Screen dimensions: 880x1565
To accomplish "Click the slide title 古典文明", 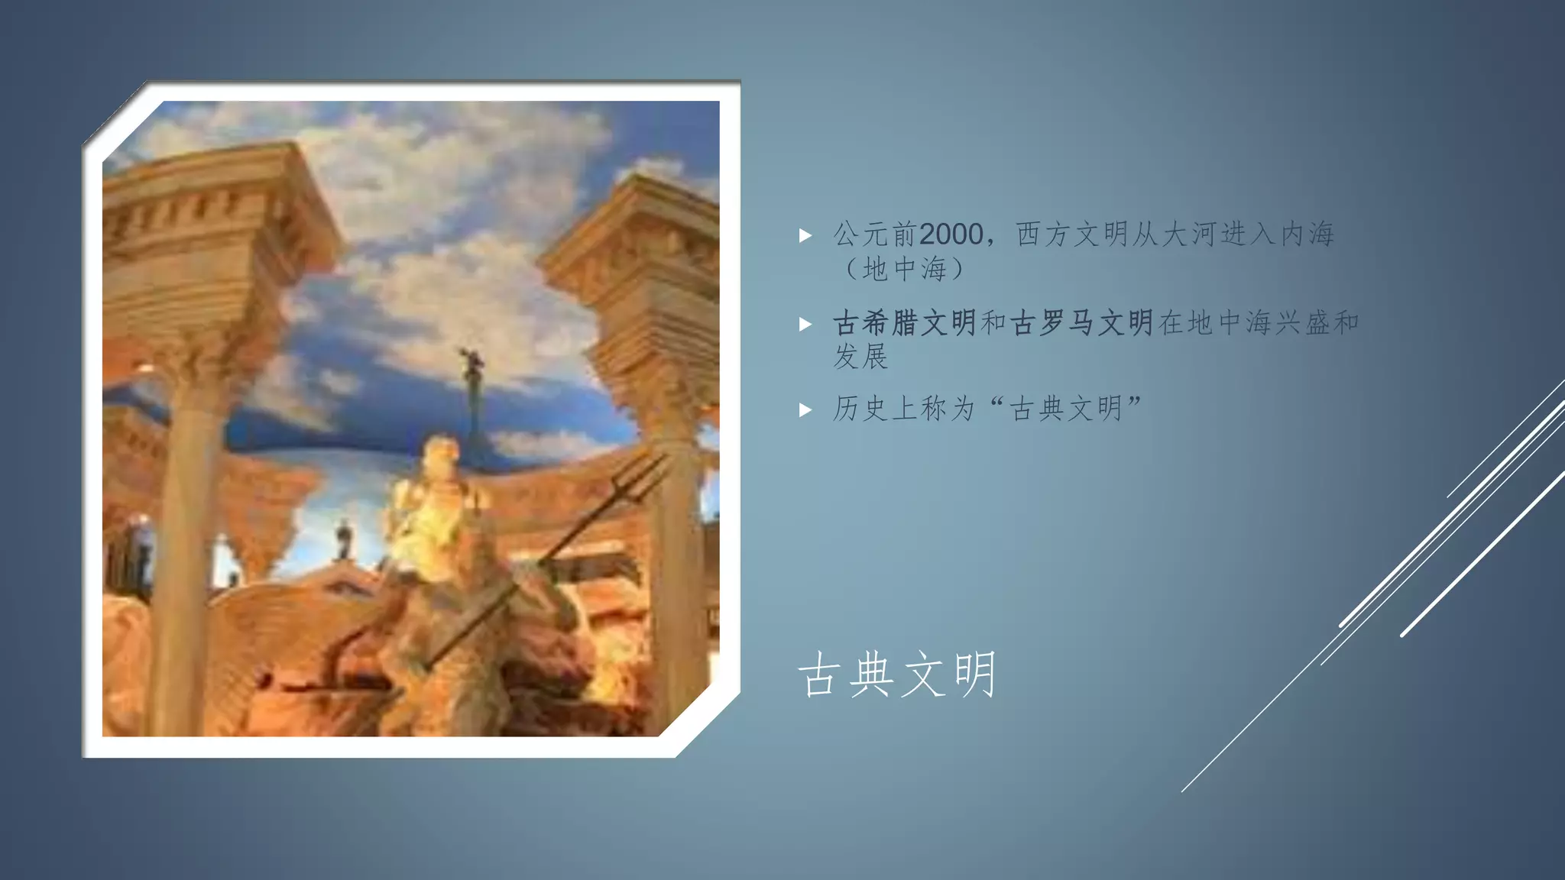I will click(897, 675).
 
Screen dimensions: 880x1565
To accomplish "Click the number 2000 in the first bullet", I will click(951, 234).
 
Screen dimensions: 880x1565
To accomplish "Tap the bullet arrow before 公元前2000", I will click(805, 235).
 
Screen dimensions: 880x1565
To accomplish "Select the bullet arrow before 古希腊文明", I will click(805, 324).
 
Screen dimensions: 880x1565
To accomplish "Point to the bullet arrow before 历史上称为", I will click(805, 410).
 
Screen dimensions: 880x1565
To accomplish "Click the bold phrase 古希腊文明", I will click(905, 323).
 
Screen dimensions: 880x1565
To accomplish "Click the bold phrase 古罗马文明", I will click(1081, 323).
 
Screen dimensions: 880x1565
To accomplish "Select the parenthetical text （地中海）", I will click(905, 269).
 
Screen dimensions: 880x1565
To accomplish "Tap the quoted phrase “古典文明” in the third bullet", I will click(1065, 409).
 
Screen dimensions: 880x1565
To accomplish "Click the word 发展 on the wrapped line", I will click(860, 357).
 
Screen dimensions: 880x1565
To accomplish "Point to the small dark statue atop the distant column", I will click(471, 359).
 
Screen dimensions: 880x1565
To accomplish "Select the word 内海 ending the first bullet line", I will click(1307, 234).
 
